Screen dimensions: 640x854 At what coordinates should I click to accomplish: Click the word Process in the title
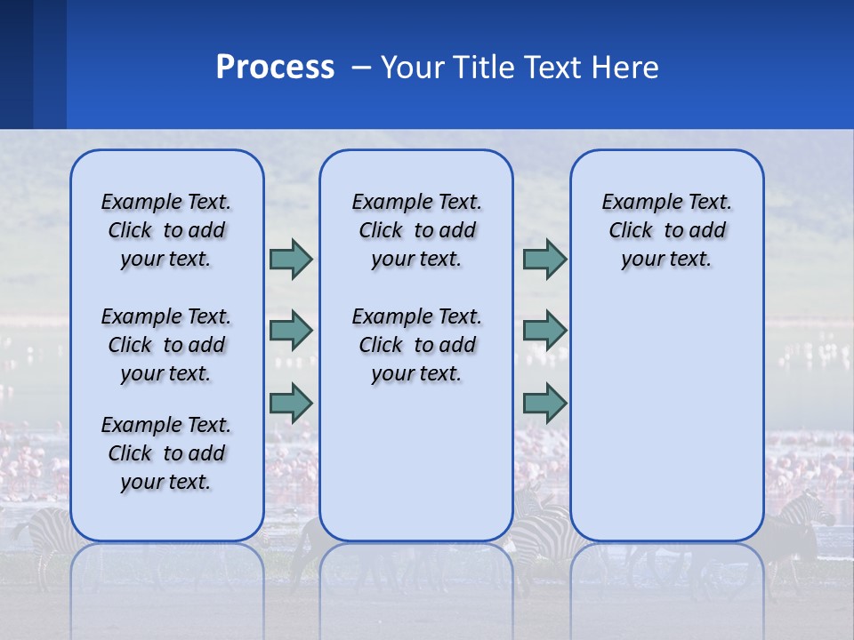275,68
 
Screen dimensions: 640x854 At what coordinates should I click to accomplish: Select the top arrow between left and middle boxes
291,259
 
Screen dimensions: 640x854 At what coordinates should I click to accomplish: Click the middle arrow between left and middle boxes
291,331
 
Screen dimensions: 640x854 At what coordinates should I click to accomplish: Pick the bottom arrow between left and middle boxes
291,403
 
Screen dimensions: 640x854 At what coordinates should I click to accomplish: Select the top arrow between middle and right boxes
544,259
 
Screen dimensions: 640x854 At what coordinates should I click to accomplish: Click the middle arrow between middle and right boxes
544,331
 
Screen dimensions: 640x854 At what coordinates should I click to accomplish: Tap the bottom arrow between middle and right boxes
544,403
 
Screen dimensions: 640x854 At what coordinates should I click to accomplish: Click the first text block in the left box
166,230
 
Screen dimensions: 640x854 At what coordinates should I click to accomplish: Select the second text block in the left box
166,345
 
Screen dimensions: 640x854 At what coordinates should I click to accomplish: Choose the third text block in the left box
166,453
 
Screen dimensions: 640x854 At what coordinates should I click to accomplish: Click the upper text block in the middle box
416,230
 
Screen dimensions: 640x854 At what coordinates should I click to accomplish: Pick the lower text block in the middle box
416,345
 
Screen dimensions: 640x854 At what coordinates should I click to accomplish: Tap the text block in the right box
666,230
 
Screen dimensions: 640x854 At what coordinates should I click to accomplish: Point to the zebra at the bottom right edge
805,520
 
